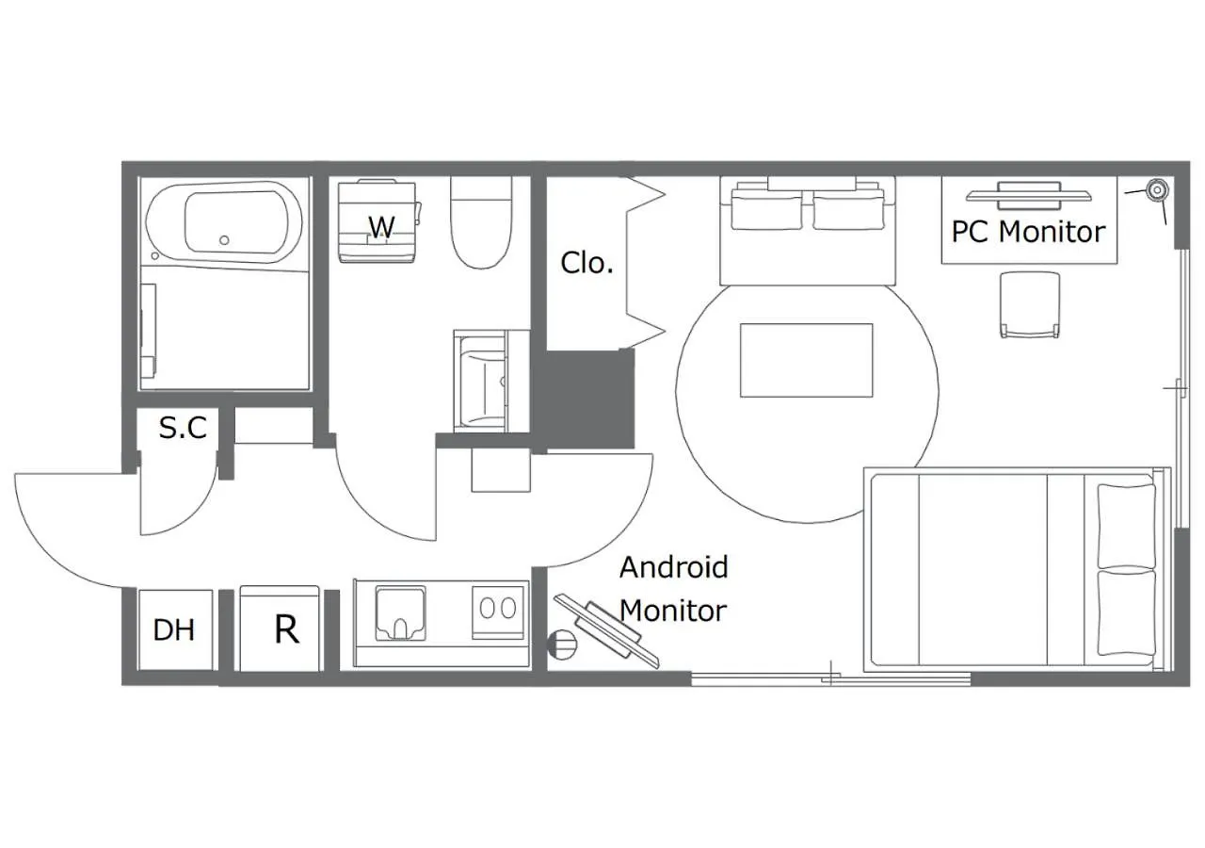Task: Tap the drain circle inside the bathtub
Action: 224,240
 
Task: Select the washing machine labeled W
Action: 379,221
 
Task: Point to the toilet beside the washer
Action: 481,223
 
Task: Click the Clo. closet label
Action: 586,263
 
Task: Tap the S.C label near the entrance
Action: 183,428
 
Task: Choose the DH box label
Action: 173,629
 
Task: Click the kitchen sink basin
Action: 400,613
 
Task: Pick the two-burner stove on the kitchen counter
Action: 498,612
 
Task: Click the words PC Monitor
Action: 1028,232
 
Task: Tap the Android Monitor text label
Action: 673,589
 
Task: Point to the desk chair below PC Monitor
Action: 1030,305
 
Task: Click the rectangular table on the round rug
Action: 807,360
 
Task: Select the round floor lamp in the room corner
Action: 1157,190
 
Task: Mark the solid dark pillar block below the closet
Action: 590,399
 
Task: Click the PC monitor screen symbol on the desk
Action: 1029,195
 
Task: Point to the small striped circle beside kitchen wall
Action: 562,644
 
